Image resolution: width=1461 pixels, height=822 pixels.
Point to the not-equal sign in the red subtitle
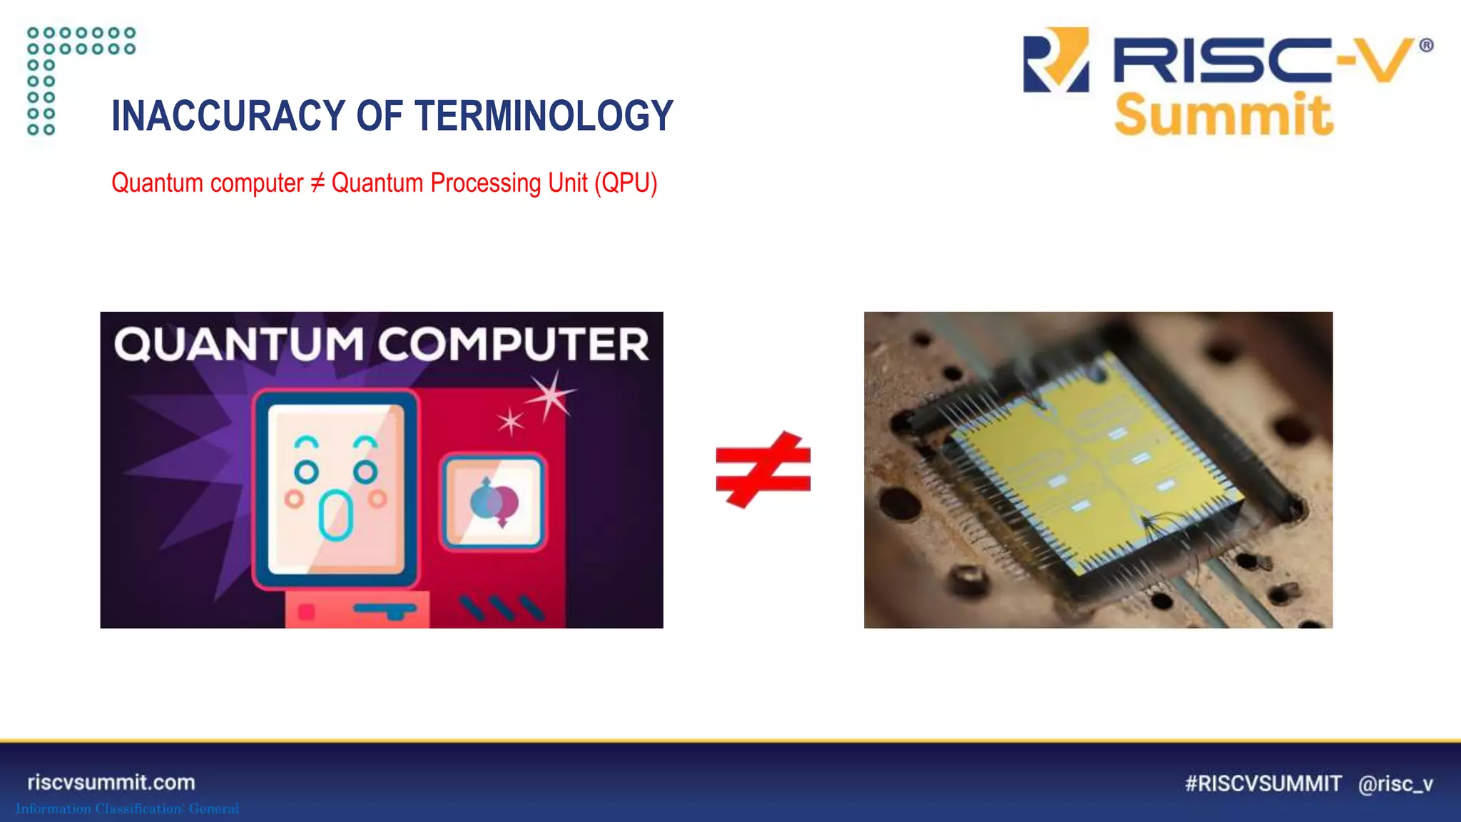pyautogui.click(x=317, y=183)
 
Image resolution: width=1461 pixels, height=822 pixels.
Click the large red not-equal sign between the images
pyautogui.click(x=763, y=470)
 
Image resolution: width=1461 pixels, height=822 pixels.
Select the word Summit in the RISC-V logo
pyautogui.click(x=1223, y=116)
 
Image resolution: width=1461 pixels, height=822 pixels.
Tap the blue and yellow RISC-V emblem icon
pyautogui.click(x=1056, y=60)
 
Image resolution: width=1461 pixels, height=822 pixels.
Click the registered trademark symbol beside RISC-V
pyautogui.click(x=1426, y=46)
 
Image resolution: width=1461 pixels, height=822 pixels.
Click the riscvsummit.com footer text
pyautogui.click(x=111, y=782)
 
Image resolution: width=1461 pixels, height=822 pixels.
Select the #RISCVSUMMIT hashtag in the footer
pyautogui.click(x=1263, y=783)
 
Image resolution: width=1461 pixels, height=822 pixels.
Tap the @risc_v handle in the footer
pyautogui.click(x=1395, y=783)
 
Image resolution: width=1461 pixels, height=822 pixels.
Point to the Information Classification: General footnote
pyautogui.click(x=127, y=808)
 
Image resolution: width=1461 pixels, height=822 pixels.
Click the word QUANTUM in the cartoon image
pyautogui.click(x=239, y=345)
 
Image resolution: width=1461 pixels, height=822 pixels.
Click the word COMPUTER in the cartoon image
pyautogui.click(x=514, y=345)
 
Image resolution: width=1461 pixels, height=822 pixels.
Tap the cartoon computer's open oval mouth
pyautogui.click(x=335, y=515)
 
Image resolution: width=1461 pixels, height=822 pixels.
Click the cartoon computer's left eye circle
pyautogui.click(x=307, y=472)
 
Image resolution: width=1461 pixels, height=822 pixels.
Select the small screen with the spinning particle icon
pyautogui.click(x=493, y=502)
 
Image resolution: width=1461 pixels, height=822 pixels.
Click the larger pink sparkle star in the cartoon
pyautogui.click(x=551, y=395)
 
